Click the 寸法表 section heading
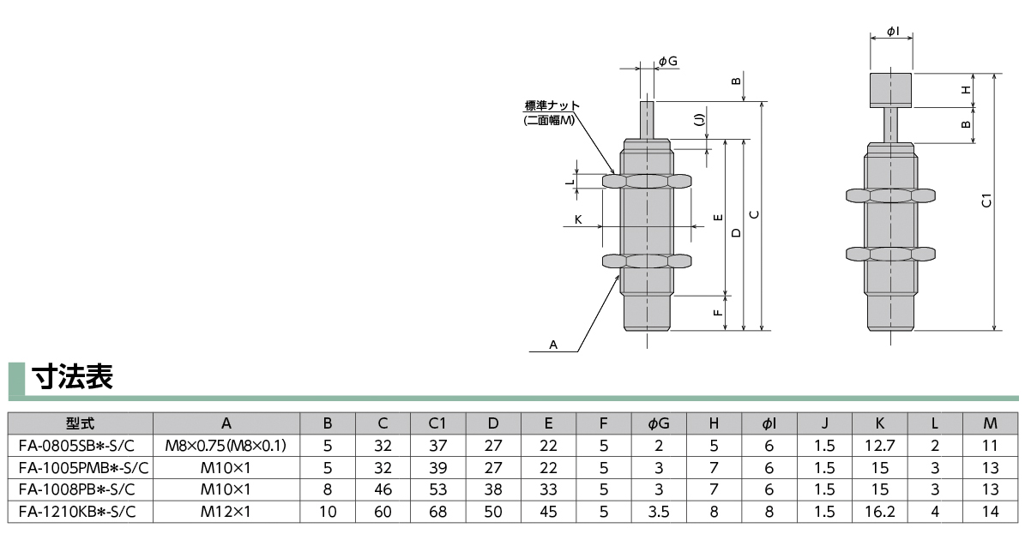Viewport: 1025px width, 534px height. [x=72, y=378]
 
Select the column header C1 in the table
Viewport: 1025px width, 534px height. [x=438, y=423]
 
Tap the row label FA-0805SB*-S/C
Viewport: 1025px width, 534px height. [x=80, y=446]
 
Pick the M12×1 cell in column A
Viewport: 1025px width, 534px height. [x=226, y=512]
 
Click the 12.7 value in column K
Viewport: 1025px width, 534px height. [x=880, y=446]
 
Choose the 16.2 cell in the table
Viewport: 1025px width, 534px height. [x=880, y=512]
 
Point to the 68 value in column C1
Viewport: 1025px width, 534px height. [x=438, y=512]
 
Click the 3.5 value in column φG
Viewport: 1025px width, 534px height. [x=659, y=512]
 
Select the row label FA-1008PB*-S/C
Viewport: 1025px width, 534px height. [x=80, y=489]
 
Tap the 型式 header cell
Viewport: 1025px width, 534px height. [x=80, y=423]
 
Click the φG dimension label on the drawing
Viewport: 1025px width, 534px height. [x=668, y=61]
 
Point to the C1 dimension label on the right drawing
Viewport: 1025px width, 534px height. [x=986, y=201]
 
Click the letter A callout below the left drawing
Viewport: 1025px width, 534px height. [x=553, y=345]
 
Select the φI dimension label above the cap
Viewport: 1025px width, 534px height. [x=892, y=31]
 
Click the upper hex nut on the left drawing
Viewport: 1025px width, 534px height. [x=647, y=182]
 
